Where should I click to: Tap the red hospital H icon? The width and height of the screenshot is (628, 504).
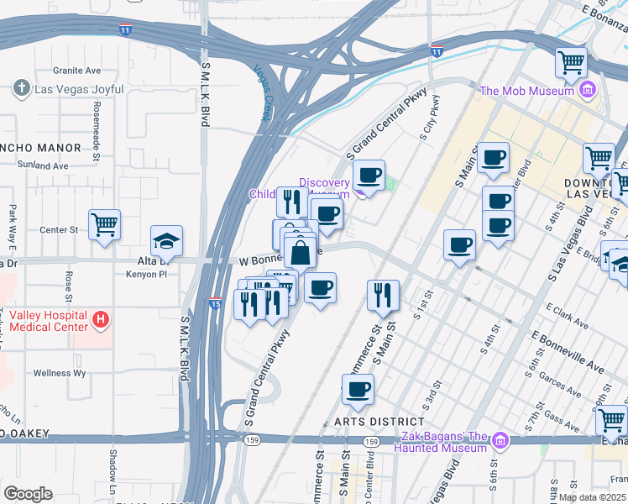pos(101,319)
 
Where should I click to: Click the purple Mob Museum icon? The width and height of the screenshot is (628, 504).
pos(588,90)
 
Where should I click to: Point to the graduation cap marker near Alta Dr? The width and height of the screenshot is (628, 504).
pos(166,242)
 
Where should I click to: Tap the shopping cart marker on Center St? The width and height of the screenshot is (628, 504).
pos(105,224)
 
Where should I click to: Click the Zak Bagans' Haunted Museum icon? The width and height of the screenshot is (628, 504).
pos(500,440)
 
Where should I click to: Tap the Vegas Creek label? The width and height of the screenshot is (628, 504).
pos(264,93)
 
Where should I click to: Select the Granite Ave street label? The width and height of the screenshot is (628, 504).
pos(76,71)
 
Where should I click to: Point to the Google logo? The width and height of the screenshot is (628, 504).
pos(27,494)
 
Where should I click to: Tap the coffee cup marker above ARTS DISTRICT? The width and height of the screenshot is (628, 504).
pos(358,390)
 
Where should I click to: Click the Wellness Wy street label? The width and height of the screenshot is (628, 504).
pos(60,373)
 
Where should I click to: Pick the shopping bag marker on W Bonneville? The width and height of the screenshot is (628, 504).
pos(300,250)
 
